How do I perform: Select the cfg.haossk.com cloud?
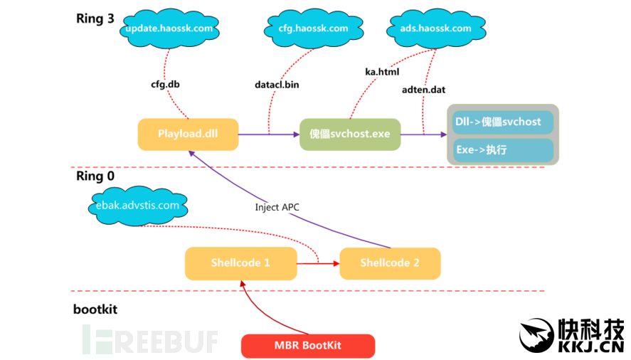coord(309,29)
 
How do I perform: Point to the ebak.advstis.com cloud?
coord(137,206)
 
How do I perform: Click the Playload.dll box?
coord(188,134)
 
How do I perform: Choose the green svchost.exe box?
coord(350,134)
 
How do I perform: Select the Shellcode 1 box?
coord(240,263)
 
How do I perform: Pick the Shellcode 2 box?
coord(390,263)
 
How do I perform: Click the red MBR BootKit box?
coord(308,345)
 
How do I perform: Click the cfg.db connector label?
coord(165,84)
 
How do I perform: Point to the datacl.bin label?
coord(277,85)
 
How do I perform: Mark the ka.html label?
coord(382,72)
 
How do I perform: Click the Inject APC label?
coord(277,207)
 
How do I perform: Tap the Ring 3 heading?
coord(95,18)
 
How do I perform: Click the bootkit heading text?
coord(95,309)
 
